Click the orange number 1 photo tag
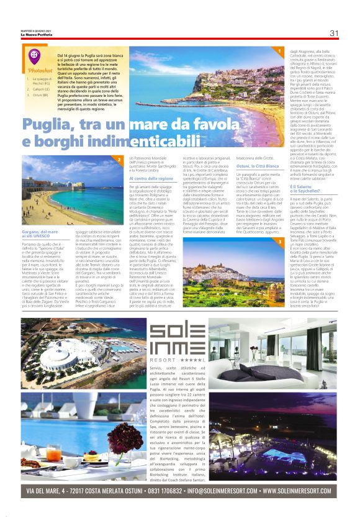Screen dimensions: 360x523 (280, 51)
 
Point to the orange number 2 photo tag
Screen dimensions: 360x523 (119, 160)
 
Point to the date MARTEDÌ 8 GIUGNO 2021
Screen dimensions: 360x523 (35, 31)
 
